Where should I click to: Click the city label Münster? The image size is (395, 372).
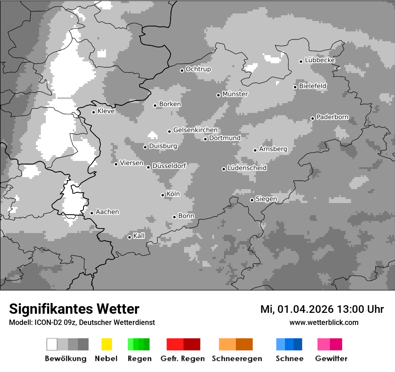click(x=235, y=94)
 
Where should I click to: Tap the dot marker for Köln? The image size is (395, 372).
click(x=162, y=195)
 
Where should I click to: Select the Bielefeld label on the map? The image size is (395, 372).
click(x=312, y=86)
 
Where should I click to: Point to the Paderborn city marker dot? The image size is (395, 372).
click(x=312, y=118)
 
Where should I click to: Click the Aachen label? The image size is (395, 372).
click(x=107, y=212)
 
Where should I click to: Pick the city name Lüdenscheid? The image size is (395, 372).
click(x=247, y=168)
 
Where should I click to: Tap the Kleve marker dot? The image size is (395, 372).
click(x=93, y=112)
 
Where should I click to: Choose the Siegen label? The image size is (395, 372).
click(x=266, y=199)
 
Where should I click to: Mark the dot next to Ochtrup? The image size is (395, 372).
click(x=182, y=70)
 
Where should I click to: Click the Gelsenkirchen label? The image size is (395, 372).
click(x=195, y=130)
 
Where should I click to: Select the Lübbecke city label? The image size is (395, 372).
click(x=320, y=60)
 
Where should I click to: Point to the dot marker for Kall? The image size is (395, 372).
click(x=129, y=237)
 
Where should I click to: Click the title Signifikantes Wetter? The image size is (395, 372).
click(x=74, y=309)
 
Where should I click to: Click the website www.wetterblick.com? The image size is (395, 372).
click(x=324, y=322)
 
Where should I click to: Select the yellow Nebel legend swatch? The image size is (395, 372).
click(x=106, y=344)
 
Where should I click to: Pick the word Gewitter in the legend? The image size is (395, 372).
click(x=331, y=359)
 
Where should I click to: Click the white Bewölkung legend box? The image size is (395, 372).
click(x=52, y=344)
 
